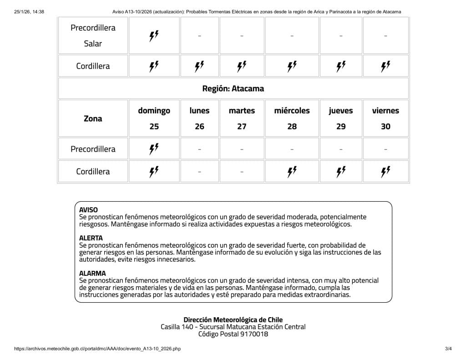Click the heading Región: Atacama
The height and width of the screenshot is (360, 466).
(233, 88)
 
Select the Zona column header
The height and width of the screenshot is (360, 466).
(93, 118)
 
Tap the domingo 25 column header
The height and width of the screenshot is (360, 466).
(154, 118)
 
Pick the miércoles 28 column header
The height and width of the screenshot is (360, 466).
(292, 118)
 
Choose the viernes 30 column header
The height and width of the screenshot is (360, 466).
(385, 118)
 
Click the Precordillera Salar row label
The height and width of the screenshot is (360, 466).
(93, 35)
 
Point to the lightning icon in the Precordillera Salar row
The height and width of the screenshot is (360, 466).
(154, 36)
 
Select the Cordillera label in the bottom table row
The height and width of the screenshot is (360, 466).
(93, 172)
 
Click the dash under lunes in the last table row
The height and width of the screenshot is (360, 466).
(199, 172)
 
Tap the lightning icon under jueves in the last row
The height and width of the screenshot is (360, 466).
(341, 172)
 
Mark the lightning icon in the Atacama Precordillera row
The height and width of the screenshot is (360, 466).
(154, 149)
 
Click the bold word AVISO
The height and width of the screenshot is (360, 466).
(88, 210)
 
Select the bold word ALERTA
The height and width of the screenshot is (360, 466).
(91, 238)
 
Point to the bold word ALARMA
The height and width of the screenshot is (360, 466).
(92, 274)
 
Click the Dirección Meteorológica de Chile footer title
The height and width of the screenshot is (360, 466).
(233, 320)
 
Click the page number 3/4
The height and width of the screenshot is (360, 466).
(448, 349)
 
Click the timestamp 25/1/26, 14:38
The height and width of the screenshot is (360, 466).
(29, 11)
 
